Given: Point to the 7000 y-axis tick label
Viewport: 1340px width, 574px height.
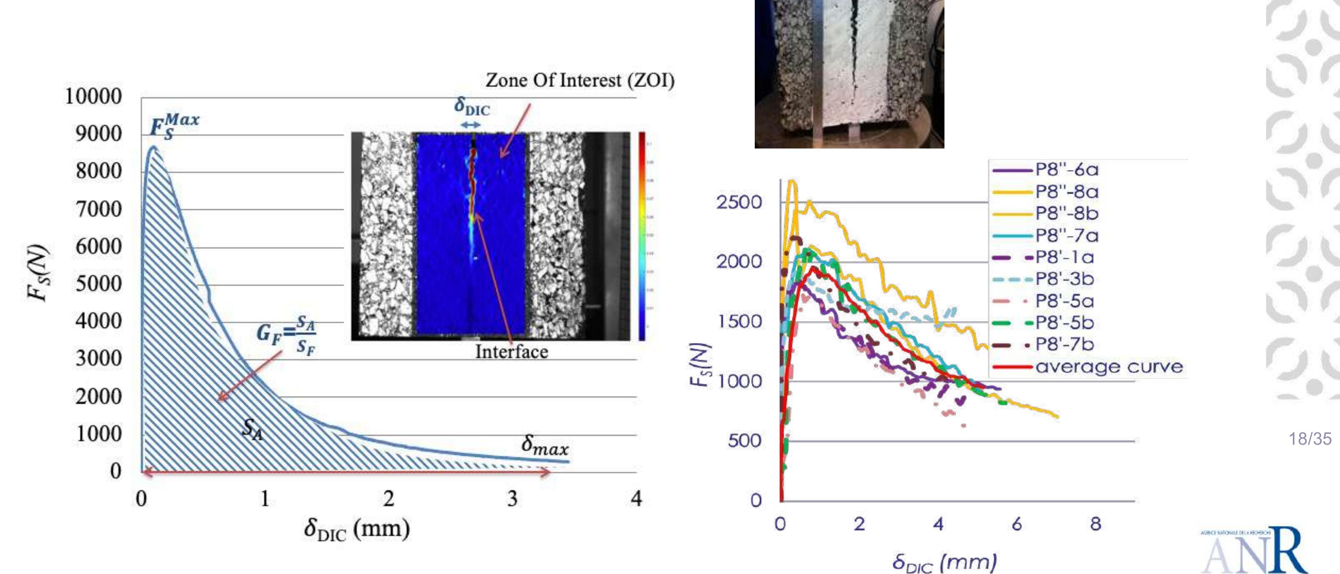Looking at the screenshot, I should (98, 209).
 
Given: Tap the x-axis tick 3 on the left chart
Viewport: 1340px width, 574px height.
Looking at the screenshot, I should (512, 498).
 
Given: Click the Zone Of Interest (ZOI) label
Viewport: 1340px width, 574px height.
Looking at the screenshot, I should (580, 80).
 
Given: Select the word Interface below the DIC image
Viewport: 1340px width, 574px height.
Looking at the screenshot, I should (511, 352).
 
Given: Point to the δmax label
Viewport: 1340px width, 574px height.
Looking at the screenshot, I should (545, 446).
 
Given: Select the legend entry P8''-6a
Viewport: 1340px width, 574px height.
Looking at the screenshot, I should (1067, 170).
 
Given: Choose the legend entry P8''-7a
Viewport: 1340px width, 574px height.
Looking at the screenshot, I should (1067, 236).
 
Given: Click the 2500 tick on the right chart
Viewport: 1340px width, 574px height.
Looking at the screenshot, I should (739, 202).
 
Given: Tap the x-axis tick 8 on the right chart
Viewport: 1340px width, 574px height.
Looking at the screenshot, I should (1095, 524).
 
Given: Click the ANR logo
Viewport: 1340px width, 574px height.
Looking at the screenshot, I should (1254, 551).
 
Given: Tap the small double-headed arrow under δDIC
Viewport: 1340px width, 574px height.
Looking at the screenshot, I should (471, 125).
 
